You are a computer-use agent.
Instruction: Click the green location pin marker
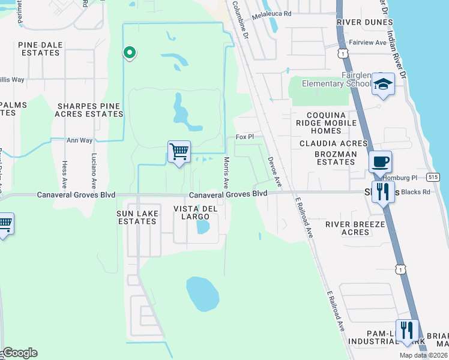129,53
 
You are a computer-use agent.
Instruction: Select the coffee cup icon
380,162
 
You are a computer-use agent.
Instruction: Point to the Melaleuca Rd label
271,13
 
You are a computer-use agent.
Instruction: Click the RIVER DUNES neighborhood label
361,22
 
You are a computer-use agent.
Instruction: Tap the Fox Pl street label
245,137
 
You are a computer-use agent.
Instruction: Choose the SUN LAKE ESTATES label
137,217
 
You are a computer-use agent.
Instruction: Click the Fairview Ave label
367,43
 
